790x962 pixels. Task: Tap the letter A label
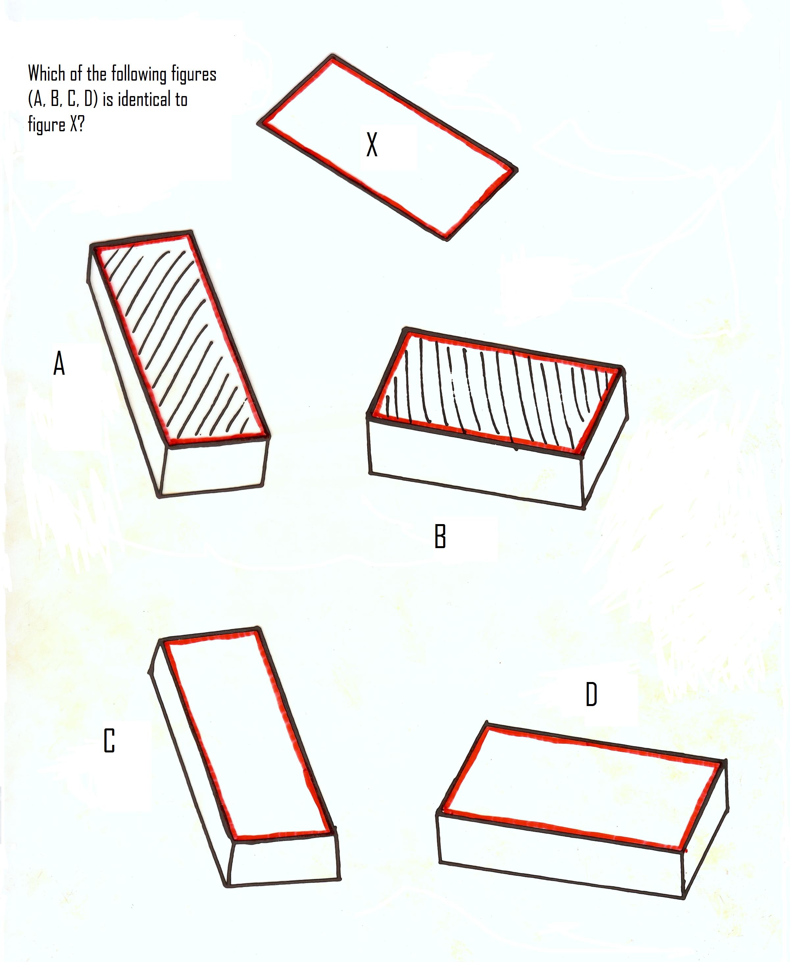59,363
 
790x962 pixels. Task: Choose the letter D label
591,695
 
